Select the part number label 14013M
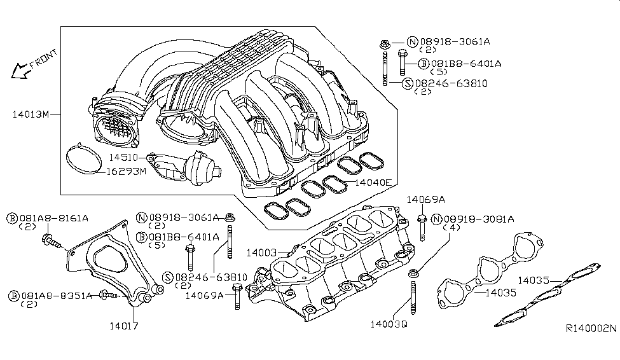tap(30, 115)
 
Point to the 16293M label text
tap(126, 172)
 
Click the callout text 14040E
tap(371, 183)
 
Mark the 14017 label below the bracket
tap(123, 326)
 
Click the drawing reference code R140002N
tap(591, 329)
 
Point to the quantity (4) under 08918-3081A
tap(453, 228)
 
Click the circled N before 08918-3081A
tap(437, 219)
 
